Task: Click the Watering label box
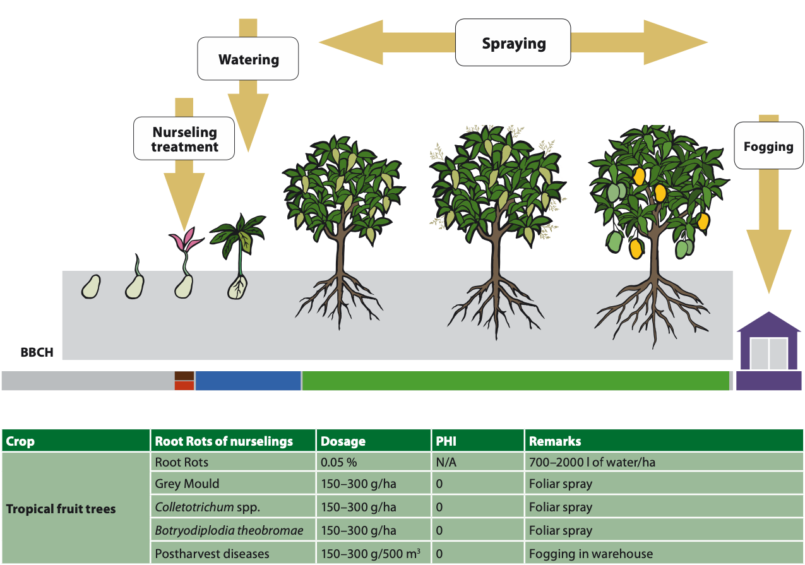click(x=248, y=59)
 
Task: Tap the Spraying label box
click(x=513, y=43)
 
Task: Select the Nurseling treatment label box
click(x=184, y=139)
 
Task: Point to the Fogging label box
click(x=768, y=146)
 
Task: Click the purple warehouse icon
click(x=768, y=352)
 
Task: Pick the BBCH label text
click(x=37, y=353)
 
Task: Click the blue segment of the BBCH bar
click(x=247, y=381)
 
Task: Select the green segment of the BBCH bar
click(x=515, y=381)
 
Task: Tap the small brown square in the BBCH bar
click(x=184, y=376)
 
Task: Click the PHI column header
click(x=446, y=441)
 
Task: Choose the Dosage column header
click(x=343, y=441)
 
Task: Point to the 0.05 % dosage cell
click(x=339, y=462)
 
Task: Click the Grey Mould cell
click(x=188, y=484)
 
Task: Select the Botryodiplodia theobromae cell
click(x=229, y=531)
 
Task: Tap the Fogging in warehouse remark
click(x=590, y=554)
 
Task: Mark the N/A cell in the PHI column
click(x=446, y=462)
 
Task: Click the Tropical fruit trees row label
click(x=61, y=508)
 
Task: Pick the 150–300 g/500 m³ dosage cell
click(x=371, y=554)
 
